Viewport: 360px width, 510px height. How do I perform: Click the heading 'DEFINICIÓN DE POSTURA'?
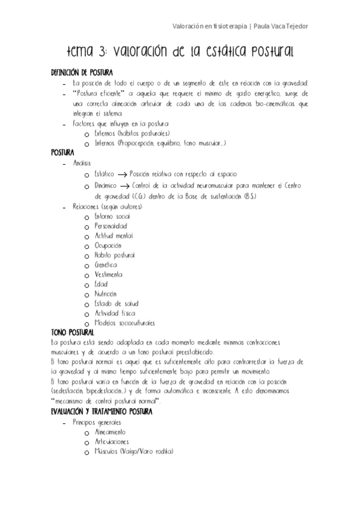[82, 72]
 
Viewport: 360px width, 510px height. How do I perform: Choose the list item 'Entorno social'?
[112, 216]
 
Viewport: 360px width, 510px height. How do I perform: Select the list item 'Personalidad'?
[111, 226]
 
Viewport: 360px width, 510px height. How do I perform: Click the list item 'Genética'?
[106, 265]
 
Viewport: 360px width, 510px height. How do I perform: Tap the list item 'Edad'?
[101, 284]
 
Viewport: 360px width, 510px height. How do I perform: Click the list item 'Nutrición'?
[105, 293]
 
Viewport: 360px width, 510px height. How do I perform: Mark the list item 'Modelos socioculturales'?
[124, 323]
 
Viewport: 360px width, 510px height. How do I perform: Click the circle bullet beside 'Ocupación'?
[88, 245]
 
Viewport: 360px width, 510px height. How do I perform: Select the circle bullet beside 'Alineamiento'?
[88, 432]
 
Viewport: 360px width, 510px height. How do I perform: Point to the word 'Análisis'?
[82, 163]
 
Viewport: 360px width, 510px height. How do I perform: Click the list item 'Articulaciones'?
[112, 441]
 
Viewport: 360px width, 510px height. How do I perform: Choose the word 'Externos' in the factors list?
[106, 134]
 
